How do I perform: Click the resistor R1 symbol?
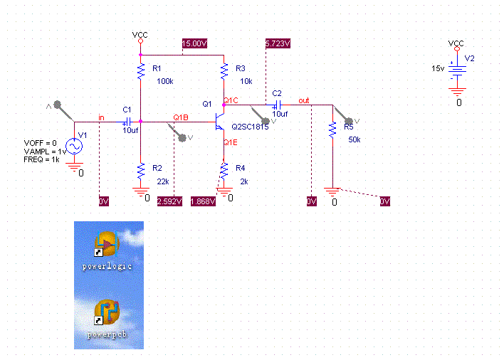(x=140, y=71)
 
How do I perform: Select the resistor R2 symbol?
(x=140, y=172)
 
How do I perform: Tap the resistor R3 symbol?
(x=224, y=70)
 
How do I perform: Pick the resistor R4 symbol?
(x=224, y=171)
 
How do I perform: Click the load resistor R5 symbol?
(x=332, y=130)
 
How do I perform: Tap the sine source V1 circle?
(x=74, y=146)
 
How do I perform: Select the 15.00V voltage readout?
(x=195, y=43)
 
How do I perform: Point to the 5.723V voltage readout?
(x=278, y=43)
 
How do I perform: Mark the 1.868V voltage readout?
(x=203, y=202)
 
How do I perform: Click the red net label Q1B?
(x=181, y=117)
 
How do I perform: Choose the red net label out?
(x=304, y=100)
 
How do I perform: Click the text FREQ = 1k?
(x=42, y=159)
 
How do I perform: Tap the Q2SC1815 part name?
(x=249, y=127)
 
